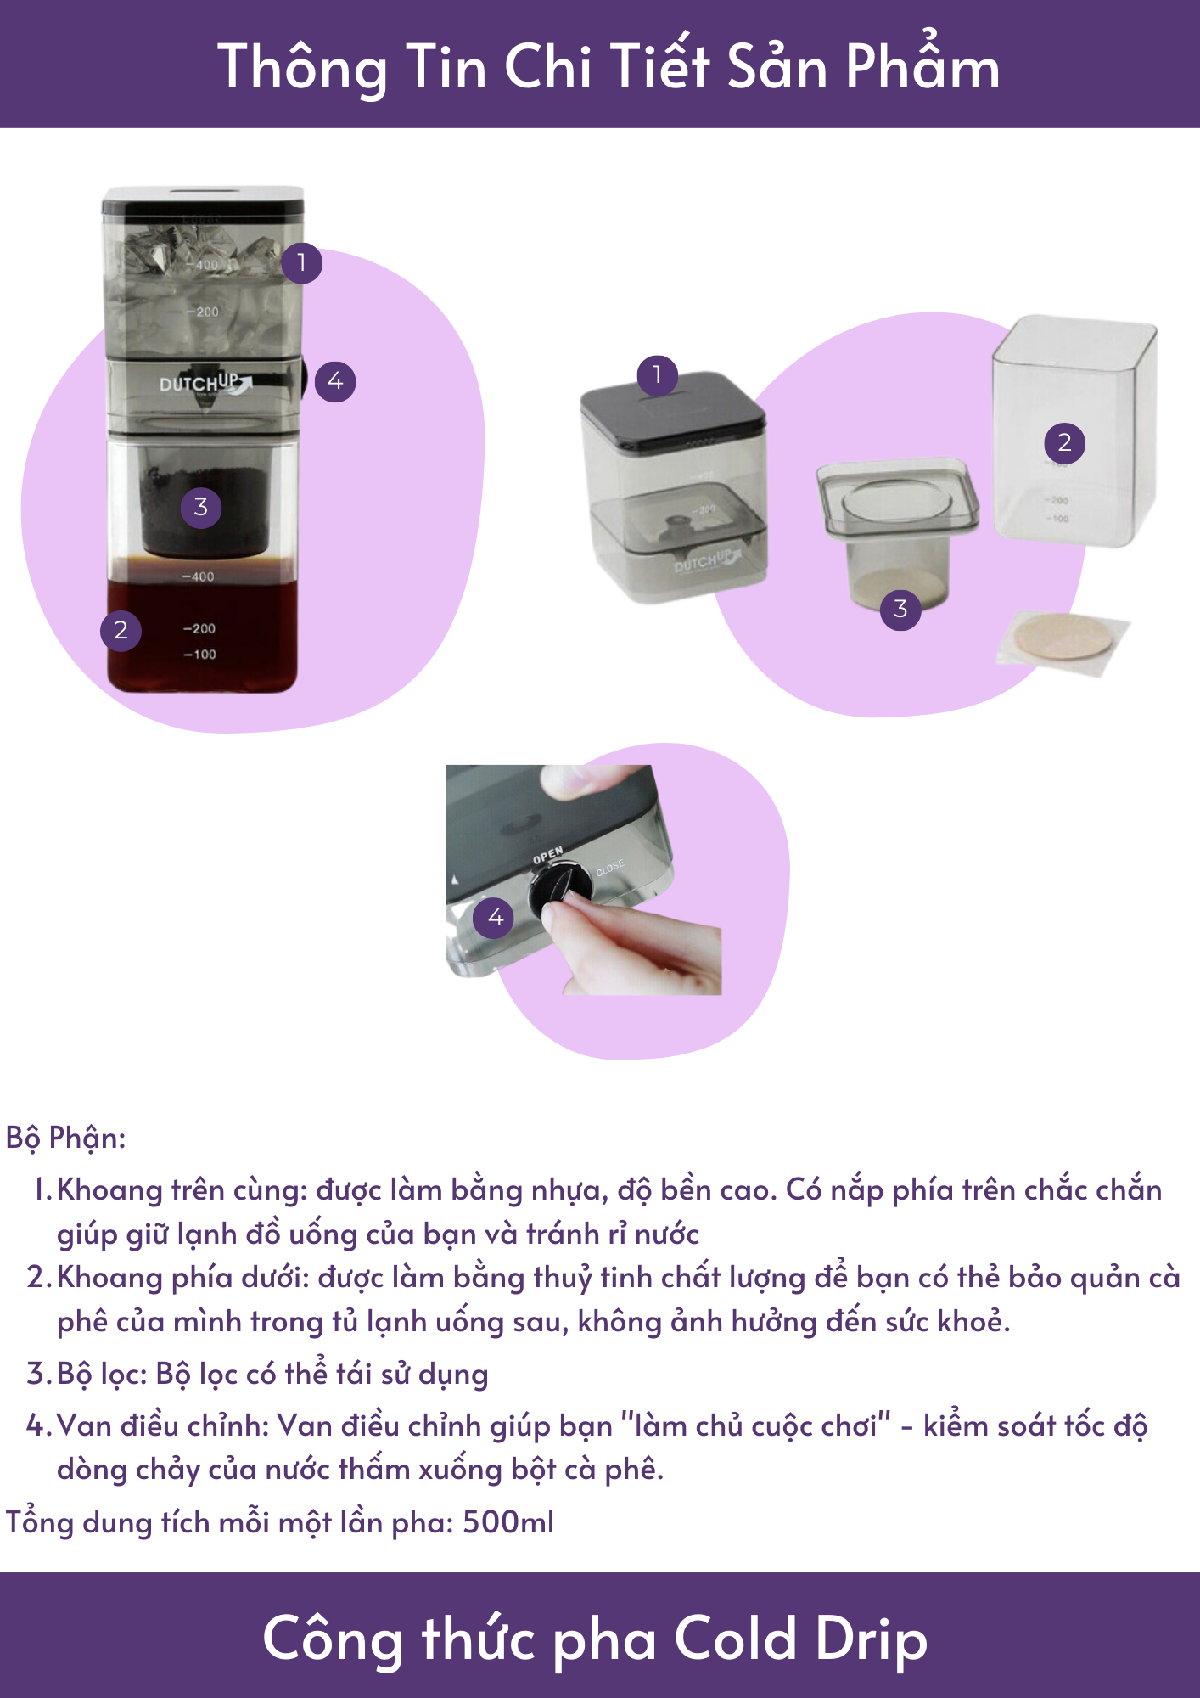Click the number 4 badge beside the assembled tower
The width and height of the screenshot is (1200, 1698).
point(335,381)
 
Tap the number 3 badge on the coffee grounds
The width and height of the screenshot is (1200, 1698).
point(201,508)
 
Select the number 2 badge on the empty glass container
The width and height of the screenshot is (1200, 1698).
point(1064,442)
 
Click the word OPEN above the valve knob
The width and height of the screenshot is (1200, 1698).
point(548,855)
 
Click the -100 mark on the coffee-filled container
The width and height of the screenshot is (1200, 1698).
point(200,655)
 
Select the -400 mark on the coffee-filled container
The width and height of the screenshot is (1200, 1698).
point(199,576)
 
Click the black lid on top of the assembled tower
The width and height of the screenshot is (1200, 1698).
point(203,200)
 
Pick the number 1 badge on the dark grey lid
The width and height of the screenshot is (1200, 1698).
point(657,374)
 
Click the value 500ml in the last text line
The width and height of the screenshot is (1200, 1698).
point(508,1522)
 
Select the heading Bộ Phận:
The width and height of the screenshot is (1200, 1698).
point(66,1138)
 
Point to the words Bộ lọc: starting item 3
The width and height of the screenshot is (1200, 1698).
point(103,1374)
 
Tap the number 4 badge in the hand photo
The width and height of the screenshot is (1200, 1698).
point(495,917)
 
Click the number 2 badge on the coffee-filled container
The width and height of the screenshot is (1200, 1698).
point(121,630)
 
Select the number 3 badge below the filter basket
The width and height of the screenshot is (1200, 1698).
point(900,609)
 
